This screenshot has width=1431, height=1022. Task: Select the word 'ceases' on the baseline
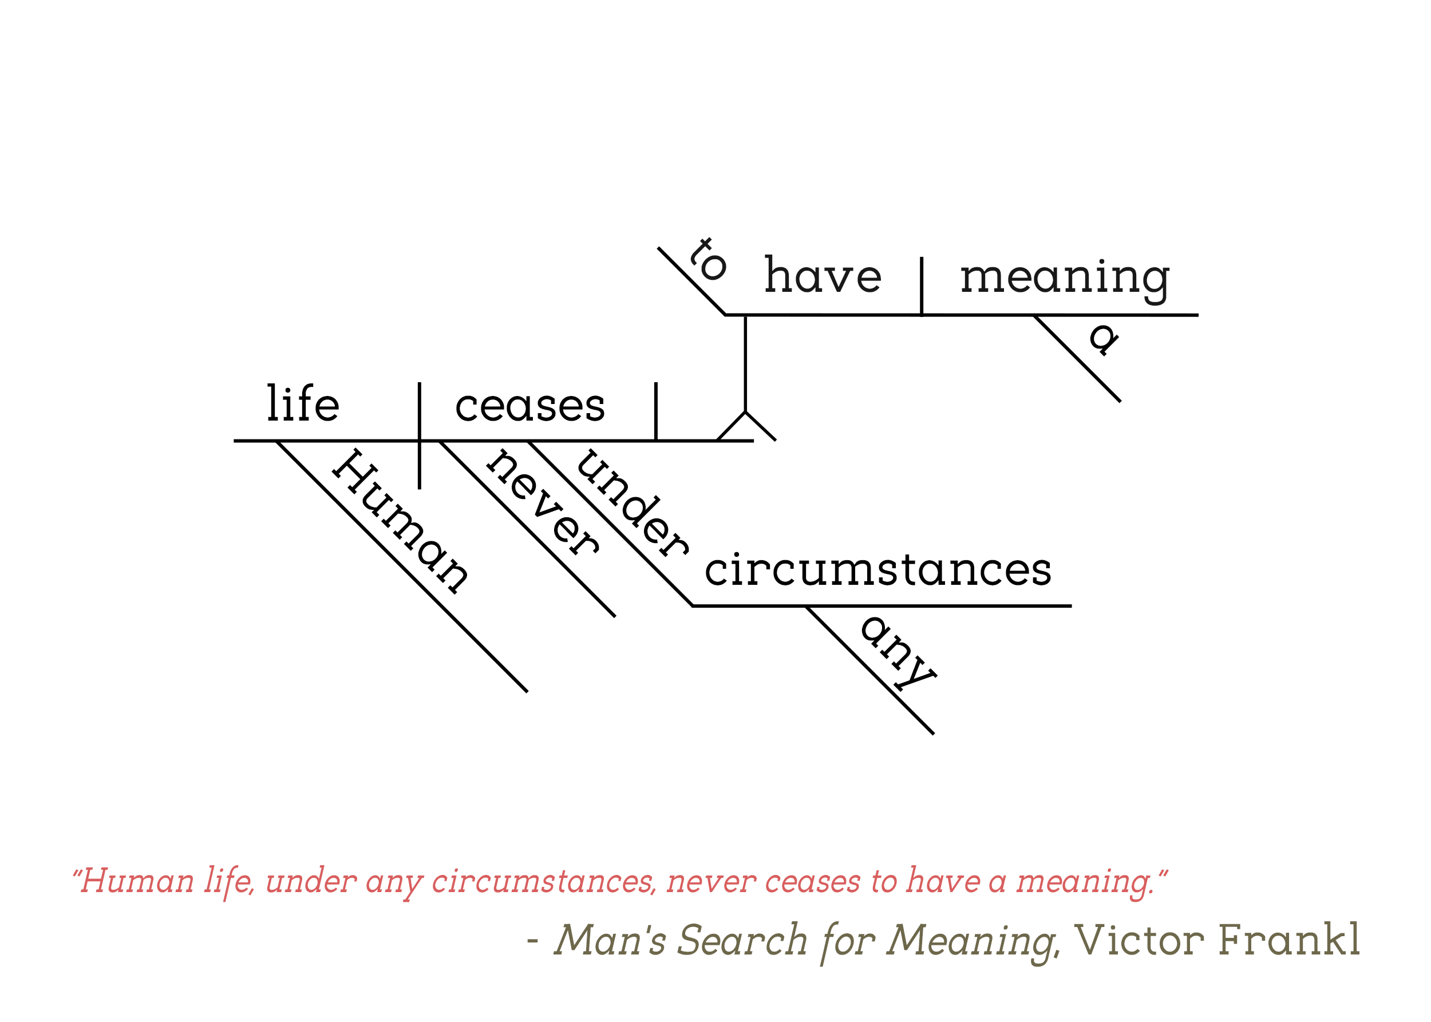pos(530,406)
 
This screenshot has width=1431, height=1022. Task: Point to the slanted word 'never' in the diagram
pos(543,502)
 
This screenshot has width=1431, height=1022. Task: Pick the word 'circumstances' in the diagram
pos(877,570)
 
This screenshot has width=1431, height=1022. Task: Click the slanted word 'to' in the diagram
pos(708,259)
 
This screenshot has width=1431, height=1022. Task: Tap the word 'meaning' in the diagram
pos(1065,280)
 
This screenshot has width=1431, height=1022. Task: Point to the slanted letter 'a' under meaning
pos(1104,339)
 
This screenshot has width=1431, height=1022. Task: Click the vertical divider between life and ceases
pos(420,435)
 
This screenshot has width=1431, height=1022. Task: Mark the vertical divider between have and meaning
pos(922,286)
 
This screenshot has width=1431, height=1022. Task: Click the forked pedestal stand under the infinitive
pos(745,378)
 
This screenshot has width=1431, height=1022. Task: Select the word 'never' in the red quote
pos(711,881)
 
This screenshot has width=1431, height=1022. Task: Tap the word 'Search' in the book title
pos(743,940)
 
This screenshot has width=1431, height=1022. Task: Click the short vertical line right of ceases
pos(656,411)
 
